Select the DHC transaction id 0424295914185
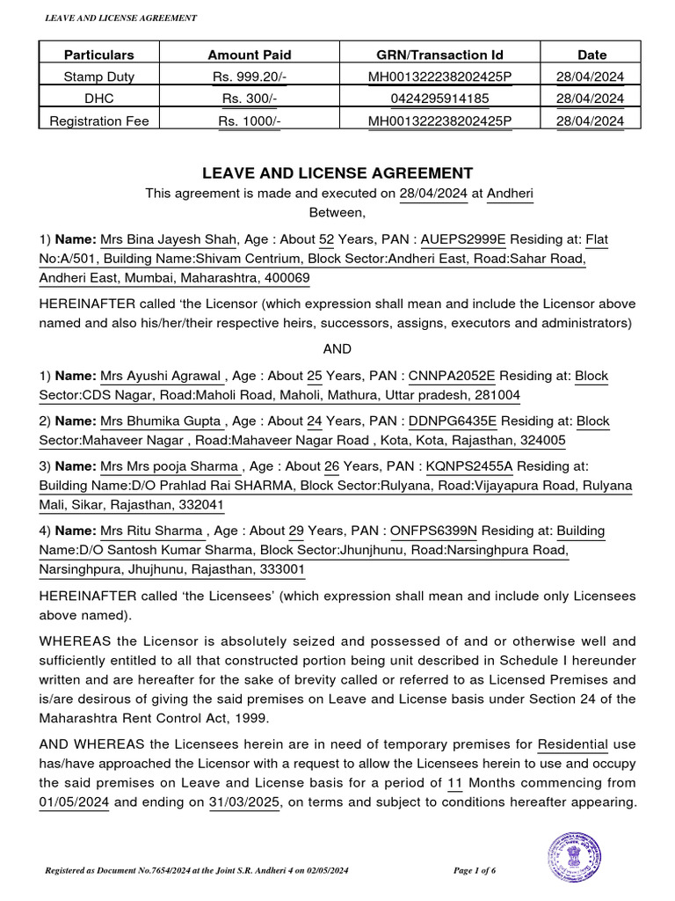pyautogui.click(x=439, y=98)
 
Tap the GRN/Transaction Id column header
pyautogui.click(x=439, y=55)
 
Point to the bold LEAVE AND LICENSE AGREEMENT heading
pyautogui.click(x=338, y=173)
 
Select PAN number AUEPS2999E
pyautogui.click(x=463, y=239)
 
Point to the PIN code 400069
pyautogui.click(x=286, y=278)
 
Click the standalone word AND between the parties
pyautogui.click(x=337, y=348)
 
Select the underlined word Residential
pyautogui.click(x=572, y=744)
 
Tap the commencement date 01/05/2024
pyautogui.click(x=75, y=802)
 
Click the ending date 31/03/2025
pyautogui.click(x=241, y=802)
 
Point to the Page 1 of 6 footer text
pyautogui.click(x=486, y=870)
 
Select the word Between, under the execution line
pyautogui.click(x=337, y=212)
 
